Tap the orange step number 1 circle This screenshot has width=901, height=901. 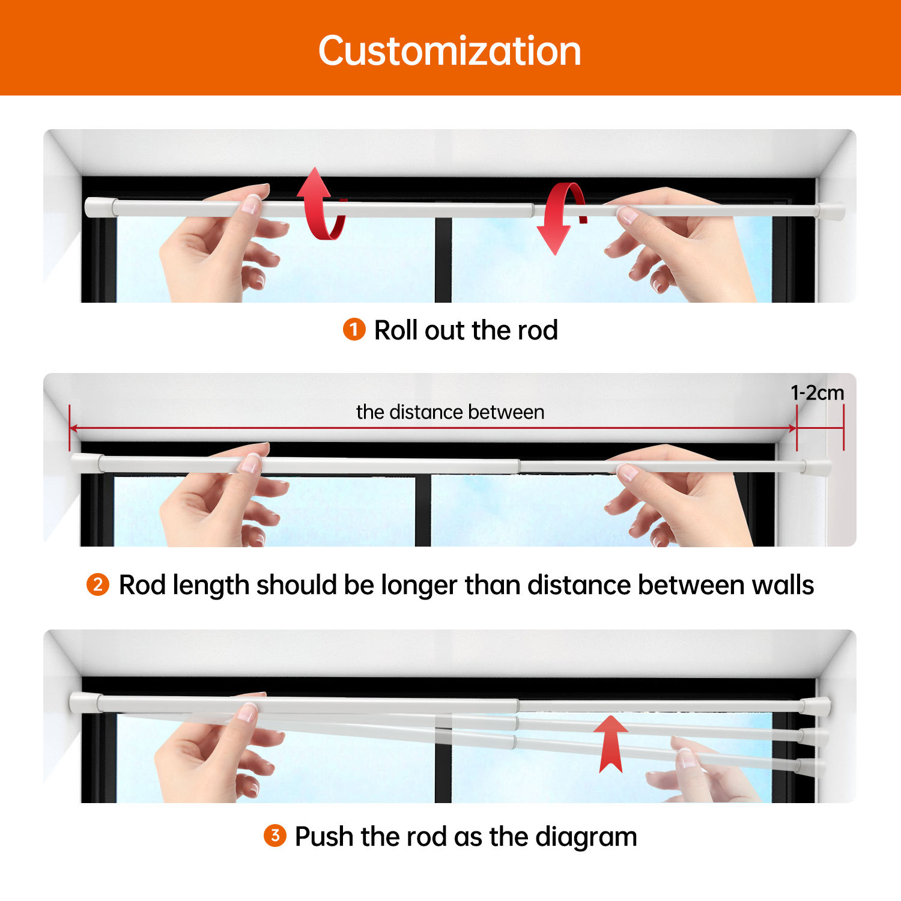click(x=354, y=329)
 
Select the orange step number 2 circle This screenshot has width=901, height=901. click(x=98, y=584)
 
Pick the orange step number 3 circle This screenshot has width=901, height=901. click(x=275, y=836)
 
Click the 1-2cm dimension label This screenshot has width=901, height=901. click(x=817, y=393)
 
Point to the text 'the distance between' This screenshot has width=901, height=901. click(x=450, y=412)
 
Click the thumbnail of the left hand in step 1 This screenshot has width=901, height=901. click(x=250, y=204)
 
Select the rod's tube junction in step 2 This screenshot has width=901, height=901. click(x=519, y=466)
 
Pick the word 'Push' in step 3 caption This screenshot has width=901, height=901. click(x=324, y=836)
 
